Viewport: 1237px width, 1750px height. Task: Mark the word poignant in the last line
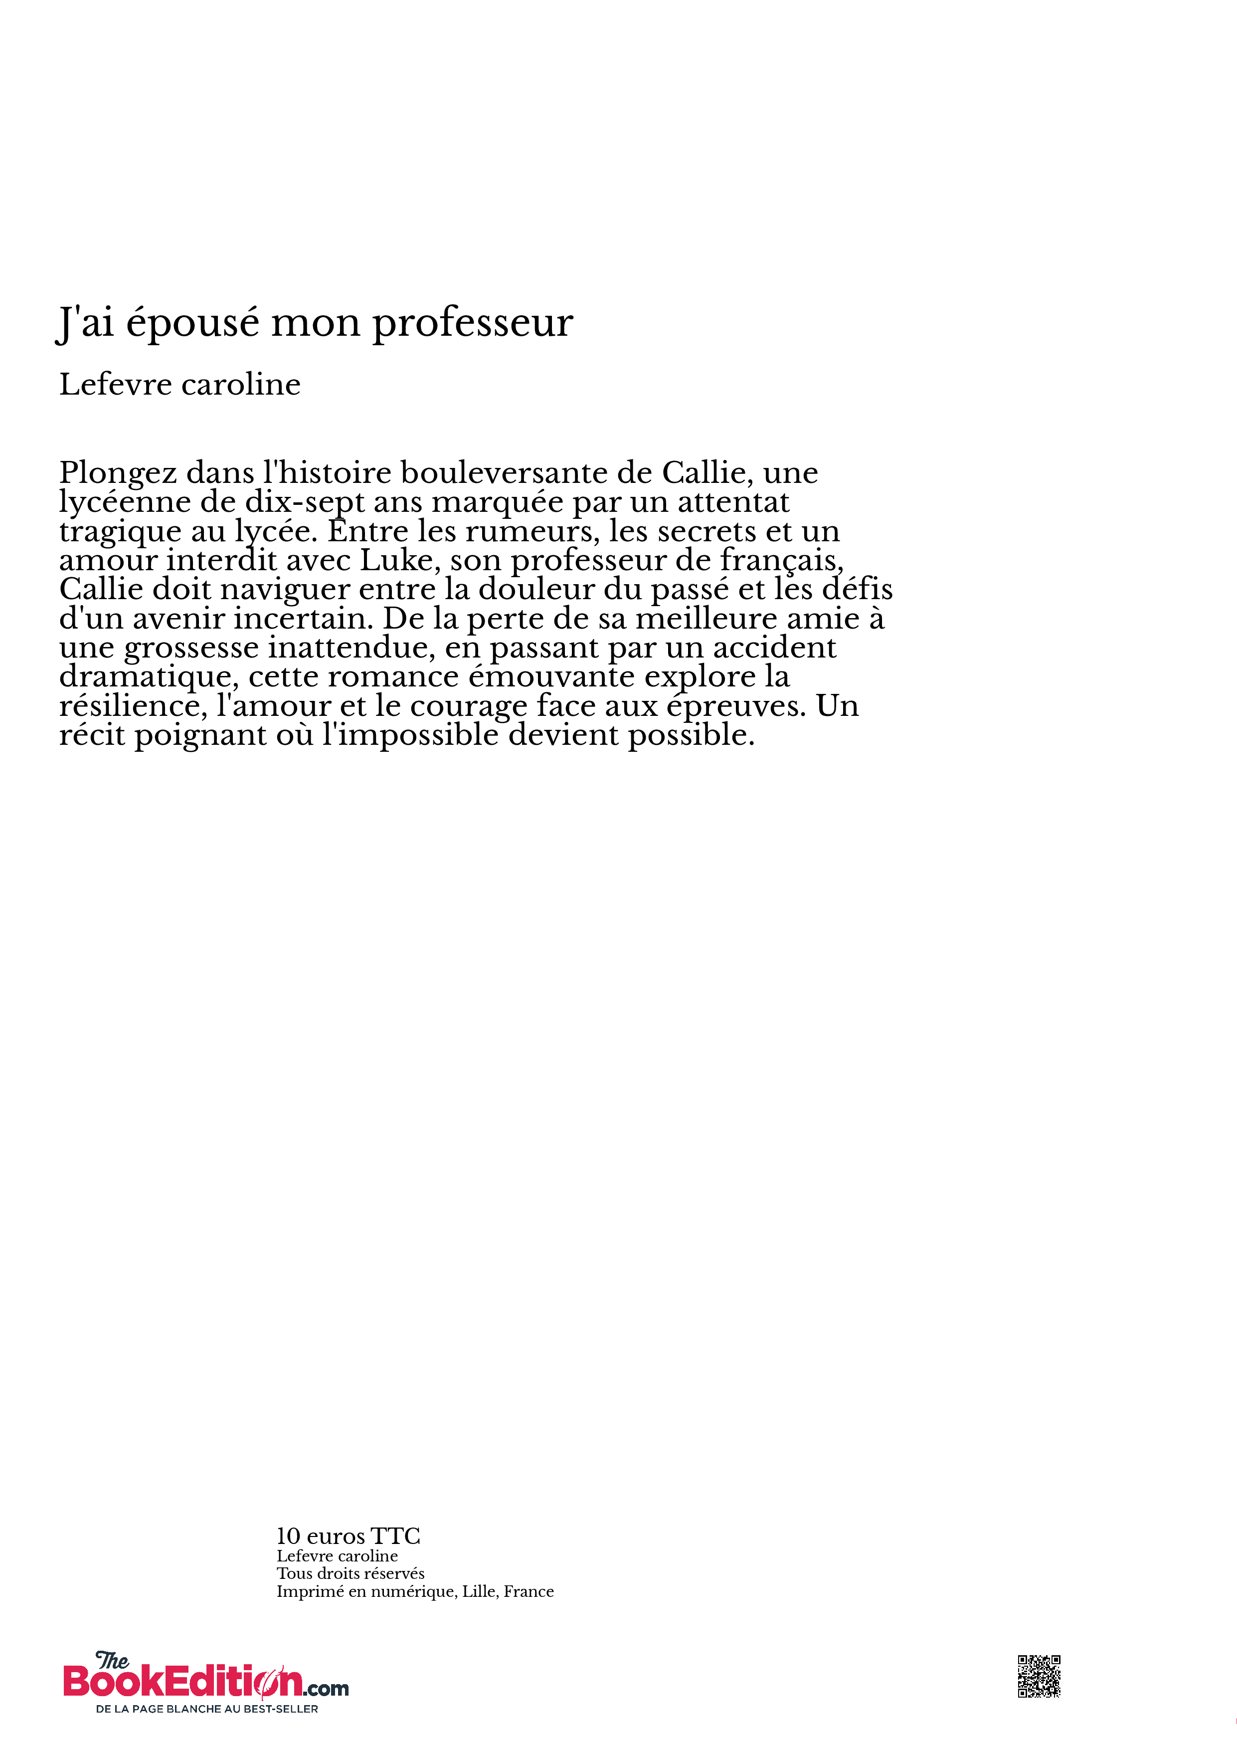[x=200, y=735]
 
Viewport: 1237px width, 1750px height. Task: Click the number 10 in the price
[x=288, y=1536]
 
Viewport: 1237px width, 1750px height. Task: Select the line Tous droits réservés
[x=351, y=1573]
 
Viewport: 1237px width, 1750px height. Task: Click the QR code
[x=1039, y=1677]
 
